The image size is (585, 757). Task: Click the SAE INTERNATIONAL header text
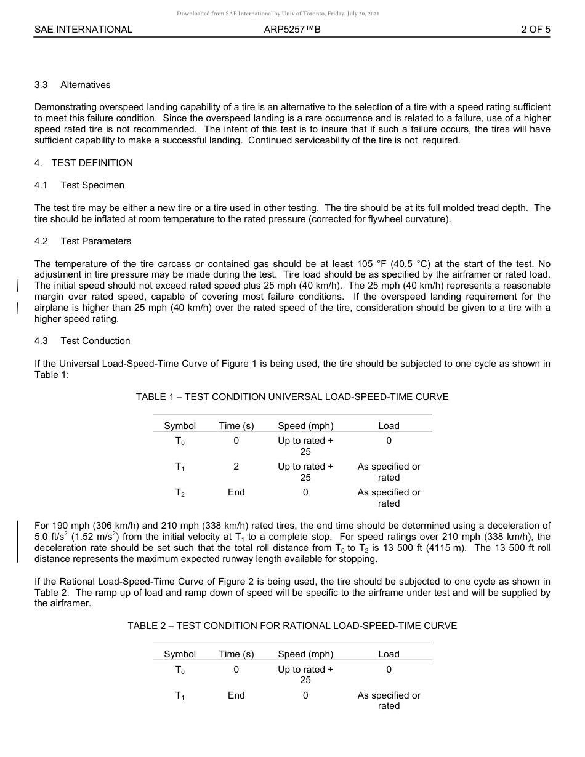(83, 29)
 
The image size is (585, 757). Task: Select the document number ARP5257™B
(292, 29)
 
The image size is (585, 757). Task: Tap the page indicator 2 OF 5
(535, 29)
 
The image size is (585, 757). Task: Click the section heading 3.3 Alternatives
(73, 85)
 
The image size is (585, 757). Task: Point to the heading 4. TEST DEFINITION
(83, 163)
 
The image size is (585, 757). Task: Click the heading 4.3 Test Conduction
(83, 341)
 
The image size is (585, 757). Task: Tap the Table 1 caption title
(292, 397)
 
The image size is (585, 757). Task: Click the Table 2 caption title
(292, 626)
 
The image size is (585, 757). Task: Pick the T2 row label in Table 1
(180, 493)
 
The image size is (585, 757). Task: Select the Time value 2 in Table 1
(236, 467)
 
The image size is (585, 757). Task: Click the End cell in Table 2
(236, 695)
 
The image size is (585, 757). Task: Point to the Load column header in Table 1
(389, 426)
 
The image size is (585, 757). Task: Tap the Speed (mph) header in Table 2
(305, 654)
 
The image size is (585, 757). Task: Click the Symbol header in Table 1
(180, 426)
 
